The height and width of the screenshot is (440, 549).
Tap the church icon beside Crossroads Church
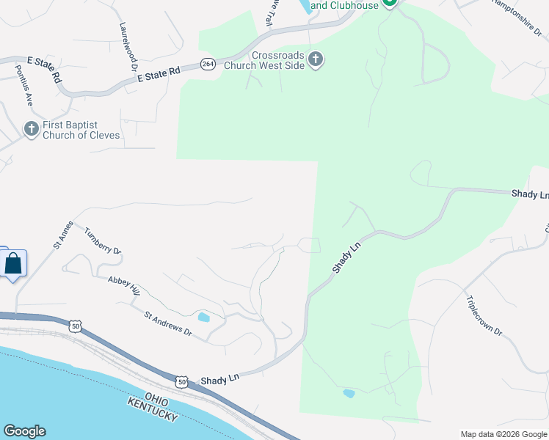click(x=316, y=59)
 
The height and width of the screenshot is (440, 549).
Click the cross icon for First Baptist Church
click(x=31, y=129)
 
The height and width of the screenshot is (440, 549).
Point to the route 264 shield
click(x=208, y=64)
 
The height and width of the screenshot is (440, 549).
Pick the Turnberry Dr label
click(x=102, y=241)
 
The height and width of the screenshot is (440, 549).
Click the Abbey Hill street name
click(x=123, y=286)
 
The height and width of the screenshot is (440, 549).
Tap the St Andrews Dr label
click(x=167, y=325)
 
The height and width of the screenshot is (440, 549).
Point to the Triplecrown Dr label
click(x=483, y=315)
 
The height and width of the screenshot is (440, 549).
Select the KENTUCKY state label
click(x=153, y=409)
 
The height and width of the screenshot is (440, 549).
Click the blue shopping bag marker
click(x=13, y=263)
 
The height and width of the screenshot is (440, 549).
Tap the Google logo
click(x=24, y=431)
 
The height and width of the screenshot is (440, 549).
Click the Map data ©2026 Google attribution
click(x=503, y=434)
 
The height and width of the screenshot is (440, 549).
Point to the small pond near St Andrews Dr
click(x=203, y=318)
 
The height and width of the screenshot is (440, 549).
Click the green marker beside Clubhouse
click(x=390, y=3)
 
